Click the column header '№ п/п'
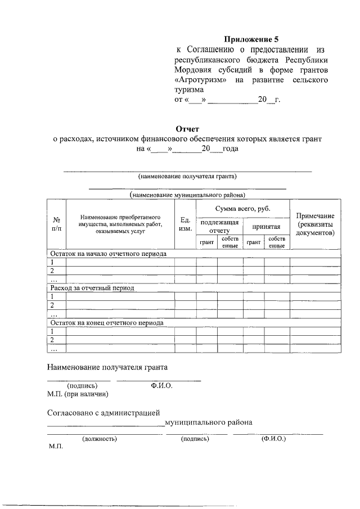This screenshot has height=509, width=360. coord(56,223)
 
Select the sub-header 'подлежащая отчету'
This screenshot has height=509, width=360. coord(219,226)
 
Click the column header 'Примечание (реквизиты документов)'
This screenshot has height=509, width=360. coord(315,224)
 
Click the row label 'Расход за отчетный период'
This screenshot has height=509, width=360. coord(92,288)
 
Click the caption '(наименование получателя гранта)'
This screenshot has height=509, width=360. coord(187,177)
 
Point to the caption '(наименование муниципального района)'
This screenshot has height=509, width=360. coord(187,195)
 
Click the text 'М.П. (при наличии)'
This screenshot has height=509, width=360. coord(77,394)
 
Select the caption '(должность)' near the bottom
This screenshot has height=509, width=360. coord(99,438)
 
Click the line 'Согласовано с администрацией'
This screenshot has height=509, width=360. coord(104,413)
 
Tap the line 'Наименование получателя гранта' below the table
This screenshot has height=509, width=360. coord(107,367)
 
